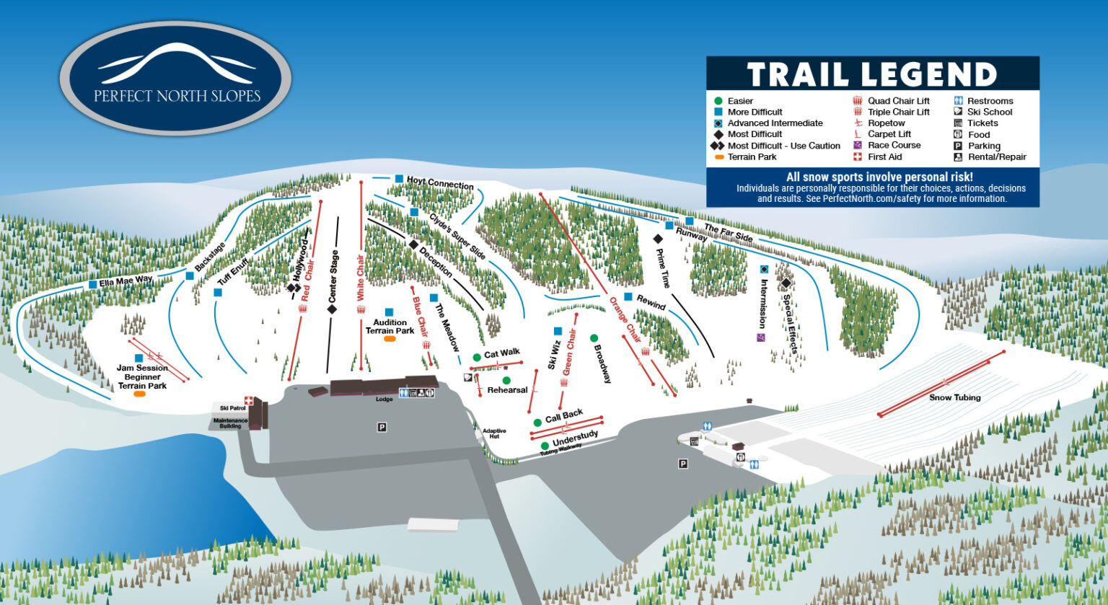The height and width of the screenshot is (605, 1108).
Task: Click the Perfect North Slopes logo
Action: click(x=176, y=78)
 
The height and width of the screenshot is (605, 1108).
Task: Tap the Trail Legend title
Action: click(x=871, y=75)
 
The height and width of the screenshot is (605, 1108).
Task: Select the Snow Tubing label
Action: click(x=954, y=397)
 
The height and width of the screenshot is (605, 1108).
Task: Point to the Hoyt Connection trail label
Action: click(x=439, y=182)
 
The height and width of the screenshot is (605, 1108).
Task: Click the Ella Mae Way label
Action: click(x=126, y=281)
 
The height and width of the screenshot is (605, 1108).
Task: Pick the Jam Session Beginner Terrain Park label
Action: click(x=142, y=377)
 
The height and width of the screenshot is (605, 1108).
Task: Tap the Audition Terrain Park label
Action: click(x=390, y=327)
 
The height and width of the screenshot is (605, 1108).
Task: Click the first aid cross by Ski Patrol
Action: click(x=249, y=400)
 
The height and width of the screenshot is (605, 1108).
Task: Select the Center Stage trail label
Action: click(x=333, y=276)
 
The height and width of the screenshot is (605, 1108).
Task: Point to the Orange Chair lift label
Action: click(x=625, y=319)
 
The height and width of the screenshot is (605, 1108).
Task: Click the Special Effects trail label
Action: click(x=790, y=323)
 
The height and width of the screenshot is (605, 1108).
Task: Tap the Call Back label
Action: click(x=563, y=417)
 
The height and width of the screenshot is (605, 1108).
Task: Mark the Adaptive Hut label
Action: click(x=494, y=433)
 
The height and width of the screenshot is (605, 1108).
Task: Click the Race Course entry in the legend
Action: click(x=894, y=145)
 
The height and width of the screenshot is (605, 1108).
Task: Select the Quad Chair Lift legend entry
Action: click(x=898, y=101)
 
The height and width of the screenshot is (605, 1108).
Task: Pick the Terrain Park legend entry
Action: click(x=752, y=156)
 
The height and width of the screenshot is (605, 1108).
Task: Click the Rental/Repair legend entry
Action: click(x=996, y=156)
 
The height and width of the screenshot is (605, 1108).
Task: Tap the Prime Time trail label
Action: click(x=662, y=268)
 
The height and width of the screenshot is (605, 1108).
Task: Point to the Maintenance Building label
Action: click(x=230, y=423)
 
